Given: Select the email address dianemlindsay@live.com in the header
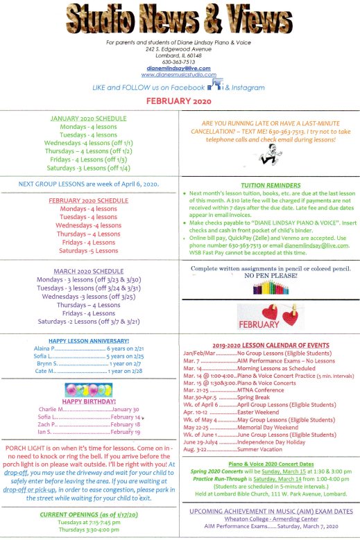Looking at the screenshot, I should coord(180,69).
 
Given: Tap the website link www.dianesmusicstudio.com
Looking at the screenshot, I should coord(180,75).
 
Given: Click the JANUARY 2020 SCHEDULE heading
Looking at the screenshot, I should coord(87,119).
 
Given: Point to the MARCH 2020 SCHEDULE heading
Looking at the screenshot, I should coord(87,271).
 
